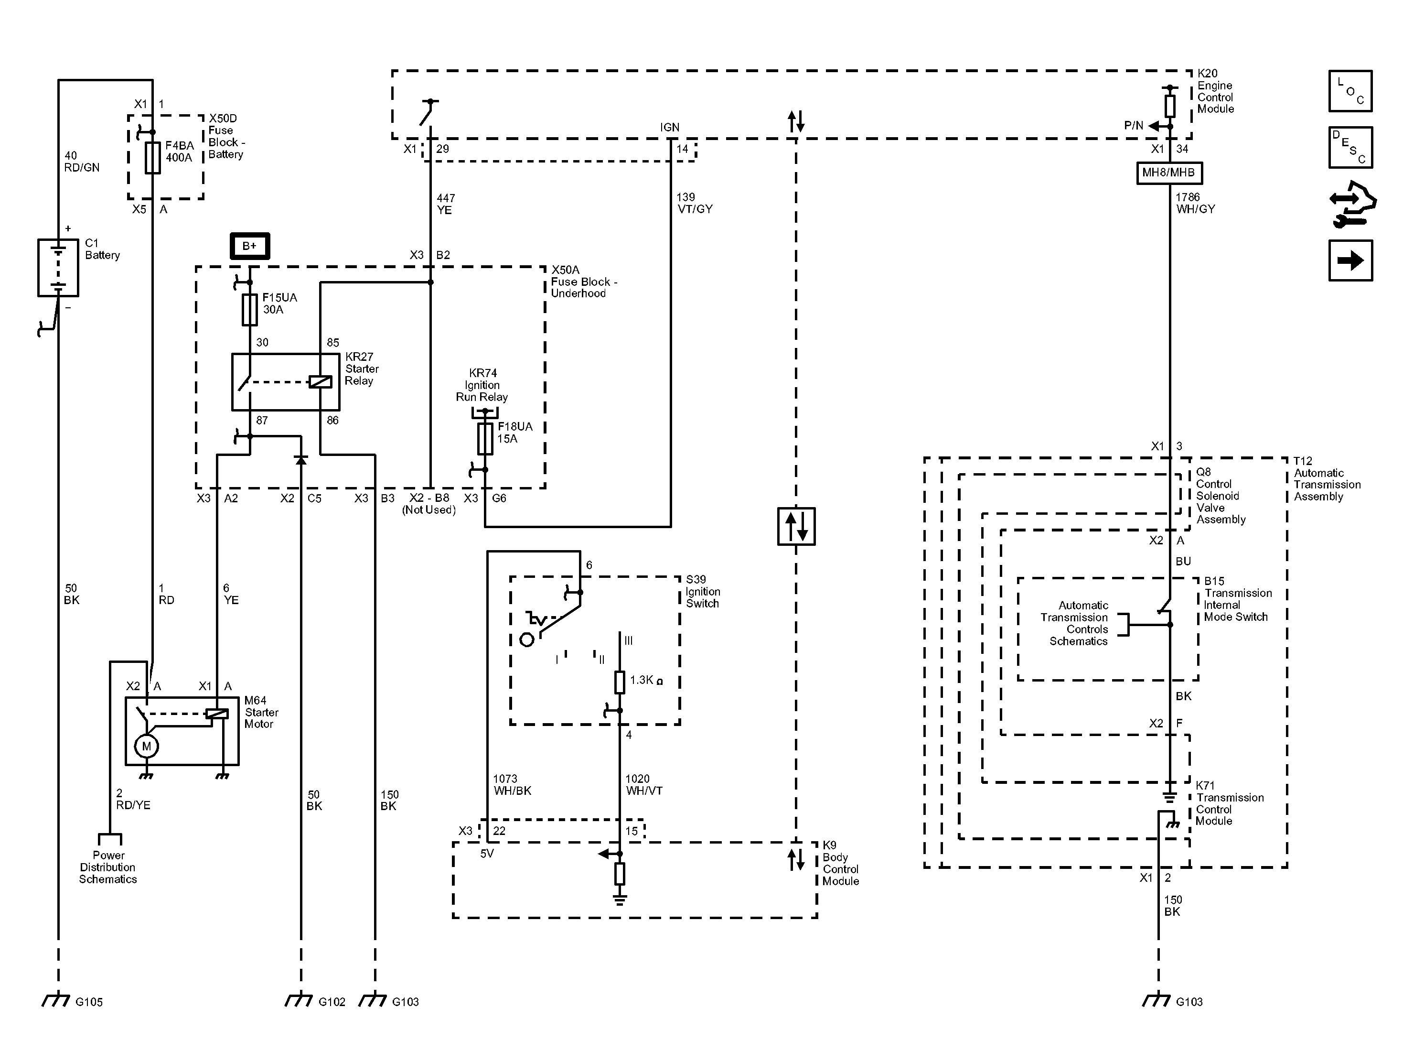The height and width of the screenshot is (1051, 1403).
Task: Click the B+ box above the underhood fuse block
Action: tap(249, 246)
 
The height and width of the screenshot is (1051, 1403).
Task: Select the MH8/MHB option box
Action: tap(1168, 173)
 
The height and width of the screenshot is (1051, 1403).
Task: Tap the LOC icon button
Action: tap(1350, 91)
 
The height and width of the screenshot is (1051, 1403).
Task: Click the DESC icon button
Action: tap(1350, 147)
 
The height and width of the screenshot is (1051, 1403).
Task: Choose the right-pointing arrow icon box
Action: tap(1350, 260)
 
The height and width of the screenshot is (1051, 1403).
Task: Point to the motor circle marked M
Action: tap(147, 747)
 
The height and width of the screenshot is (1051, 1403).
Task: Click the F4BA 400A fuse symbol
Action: tap(152, 157)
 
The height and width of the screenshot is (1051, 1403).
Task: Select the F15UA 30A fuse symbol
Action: tap(250, 310)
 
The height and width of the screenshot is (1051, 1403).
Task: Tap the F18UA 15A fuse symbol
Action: tap(485, 439)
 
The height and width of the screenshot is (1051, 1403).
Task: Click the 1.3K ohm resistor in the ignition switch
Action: tap(620, 682)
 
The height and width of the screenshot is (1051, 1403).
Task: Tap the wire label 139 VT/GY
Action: tap(695, 203)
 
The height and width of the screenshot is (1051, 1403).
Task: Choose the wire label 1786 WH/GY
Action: tap(1195, 203)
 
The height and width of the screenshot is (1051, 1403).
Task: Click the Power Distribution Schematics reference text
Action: tap(108, 867)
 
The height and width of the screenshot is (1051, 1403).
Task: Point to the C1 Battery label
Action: tap(102, 249)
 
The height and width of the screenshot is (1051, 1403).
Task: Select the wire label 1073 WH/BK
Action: tap(512, 784)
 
